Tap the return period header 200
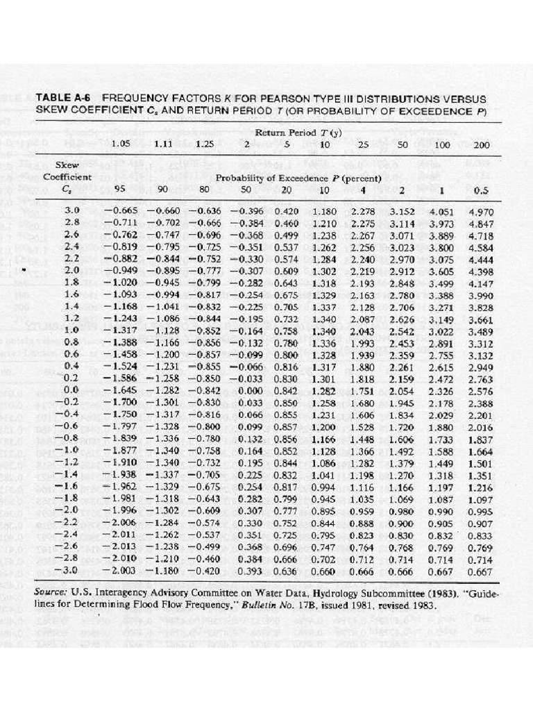[481, 145]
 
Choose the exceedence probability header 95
[119, 190]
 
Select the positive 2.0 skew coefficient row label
[71, 271]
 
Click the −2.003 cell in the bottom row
[120, 571]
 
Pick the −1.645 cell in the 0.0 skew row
[120, 392]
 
